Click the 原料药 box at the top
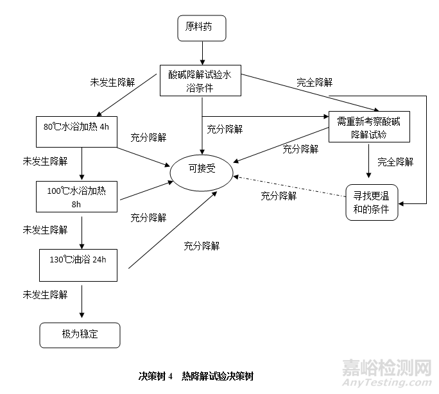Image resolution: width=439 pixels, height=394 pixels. (x=202, y=27)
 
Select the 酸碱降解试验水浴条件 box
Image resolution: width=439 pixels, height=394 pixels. (x=200, y=81)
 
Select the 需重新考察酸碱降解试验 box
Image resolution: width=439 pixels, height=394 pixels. (x=369, y=127)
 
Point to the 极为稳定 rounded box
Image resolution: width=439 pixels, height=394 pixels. (x=81, y=334)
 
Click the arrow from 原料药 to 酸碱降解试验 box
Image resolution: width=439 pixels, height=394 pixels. (x=202, y=51)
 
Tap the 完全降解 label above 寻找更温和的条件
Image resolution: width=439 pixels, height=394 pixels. (x=395, y=161)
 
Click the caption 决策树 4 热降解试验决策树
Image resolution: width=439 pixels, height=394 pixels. (x=200, y=375)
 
